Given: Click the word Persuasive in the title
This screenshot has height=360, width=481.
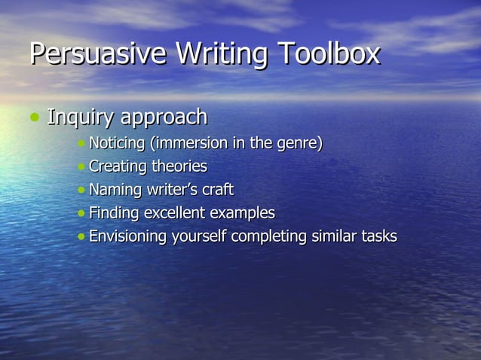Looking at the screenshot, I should [x=99, y=55].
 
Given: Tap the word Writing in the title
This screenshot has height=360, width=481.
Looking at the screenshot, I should [x=222, y=55].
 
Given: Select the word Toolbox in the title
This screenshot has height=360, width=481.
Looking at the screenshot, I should [x=329, y=55].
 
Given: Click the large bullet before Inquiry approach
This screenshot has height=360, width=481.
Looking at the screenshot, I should [x=34, y=117].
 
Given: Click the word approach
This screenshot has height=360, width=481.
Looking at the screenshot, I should [x=164, y=118].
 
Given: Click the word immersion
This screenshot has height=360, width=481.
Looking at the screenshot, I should [x=190, y=142].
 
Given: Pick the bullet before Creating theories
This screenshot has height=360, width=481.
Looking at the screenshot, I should [x=81, y=166].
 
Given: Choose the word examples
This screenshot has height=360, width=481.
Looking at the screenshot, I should [x=243, y=214].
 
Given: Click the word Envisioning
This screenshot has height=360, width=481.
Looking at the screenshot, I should [x=128, y=236].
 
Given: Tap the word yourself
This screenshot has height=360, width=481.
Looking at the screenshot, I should [x=200, y=236].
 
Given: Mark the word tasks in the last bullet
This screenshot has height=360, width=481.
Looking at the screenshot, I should [x=378, y=236].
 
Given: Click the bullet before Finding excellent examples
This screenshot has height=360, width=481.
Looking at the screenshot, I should [x=81, y=214].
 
